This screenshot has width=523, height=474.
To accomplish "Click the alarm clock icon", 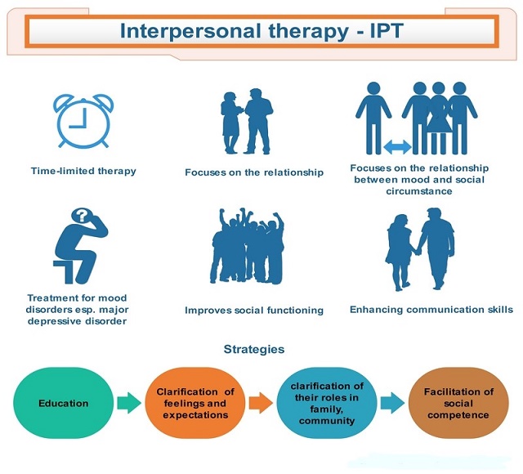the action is tap(83, 121).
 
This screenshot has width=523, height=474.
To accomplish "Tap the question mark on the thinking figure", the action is tap(82, 215).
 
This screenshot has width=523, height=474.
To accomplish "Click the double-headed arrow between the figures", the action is tap(397, 147).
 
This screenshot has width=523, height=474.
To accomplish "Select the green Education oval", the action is tap(64, 403).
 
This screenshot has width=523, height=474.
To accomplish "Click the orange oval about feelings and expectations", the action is tap(195, 403).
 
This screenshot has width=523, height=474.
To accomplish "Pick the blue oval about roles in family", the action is tap(327, 403).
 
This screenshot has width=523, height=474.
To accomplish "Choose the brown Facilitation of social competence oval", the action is tap(458, 403).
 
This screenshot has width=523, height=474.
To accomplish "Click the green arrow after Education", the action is tap(129, 403).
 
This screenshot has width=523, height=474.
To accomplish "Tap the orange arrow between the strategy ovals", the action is tap(261, 403).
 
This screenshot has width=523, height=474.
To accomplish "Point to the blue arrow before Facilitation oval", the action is tap(392, 403).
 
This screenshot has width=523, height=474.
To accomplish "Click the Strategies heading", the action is tap(254, 349).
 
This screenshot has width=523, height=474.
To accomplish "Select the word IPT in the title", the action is tap(387, 31).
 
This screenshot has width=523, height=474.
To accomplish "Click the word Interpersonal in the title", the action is tap(190, 31).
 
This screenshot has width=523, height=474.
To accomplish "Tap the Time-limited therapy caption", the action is tap(83, 171).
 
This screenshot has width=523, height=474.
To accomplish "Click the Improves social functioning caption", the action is tap(254, 311).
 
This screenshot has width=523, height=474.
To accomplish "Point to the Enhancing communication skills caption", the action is tap(431, 310).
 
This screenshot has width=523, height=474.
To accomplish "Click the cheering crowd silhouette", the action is tap(247, 246).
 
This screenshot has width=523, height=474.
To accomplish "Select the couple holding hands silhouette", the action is tap(420, 249).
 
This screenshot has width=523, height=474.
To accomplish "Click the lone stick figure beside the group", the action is tap(373, 118).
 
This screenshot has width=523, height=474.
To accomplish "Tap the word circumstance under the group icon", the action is tap(419, 191).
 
